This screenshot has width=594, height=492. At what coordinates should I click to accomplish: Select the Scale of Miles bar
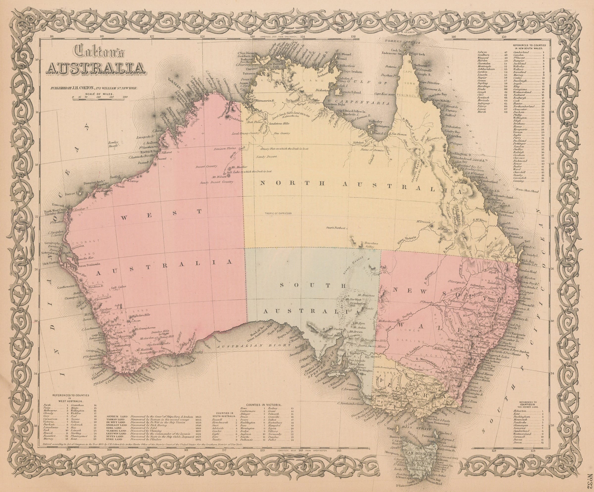[x=100, y=97]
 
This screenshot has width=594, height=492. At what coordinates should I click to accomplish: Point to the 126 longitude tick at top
[x=202, y=36]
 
